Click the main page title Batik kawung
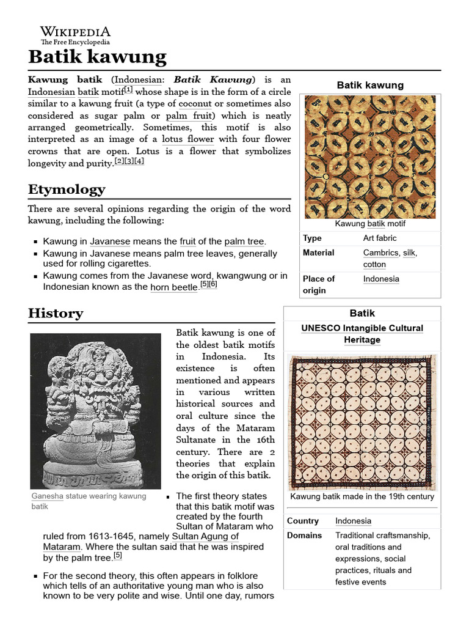(97, 57)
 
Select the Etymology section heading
(67, 189)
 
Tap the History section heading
(56, 314)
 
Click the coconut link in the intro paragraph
(195, 104)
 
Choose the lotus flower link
(187, 139)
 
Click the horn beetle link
(173, 287)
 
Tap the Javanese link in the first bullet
(110, 241)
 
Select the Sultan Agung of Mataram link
(140, 542)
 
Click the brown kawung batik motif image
(369, 156)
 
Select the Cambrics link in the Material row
(379, 252)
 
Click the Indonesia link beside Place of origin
(381, 279)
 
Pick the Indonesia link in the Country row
(353, 521)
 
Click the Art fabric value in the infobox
(379, 238)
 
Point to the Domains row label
(304, 536)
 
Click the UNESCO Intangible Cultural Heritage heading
(362, 334)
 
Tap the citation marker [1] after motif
(128, 90)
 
